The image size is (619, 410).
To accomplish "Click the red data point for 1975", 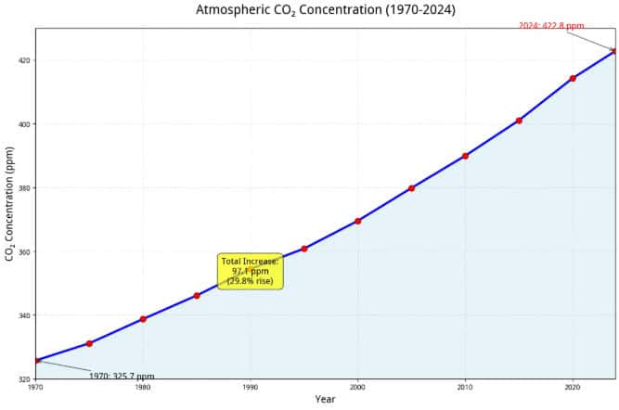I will tap(89, 343).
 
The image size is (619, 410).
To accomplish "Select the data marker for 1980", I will tap(143, 319).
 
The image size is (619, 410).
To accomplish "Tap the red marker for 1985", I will tap(197, 296).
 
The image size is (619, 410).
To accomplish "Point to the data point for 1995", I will tap(304, 249).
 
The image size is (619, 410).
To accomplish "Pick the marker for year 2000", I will tap(357, 221).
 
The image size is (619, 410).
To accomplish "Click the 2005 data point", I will tap(411, 188).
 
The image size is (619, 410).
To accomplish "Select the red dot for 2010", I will tap(465, 156).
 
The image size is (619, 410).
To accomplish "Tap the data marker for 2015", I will tap(519, 121).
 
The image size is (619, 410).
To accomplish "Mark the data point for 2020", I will tap(573, 78).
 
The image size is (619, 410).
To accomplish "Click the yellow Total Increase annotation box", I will tap(251, 271).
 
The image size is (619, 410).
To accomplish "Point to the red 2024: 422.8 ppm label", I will tap(551, 25).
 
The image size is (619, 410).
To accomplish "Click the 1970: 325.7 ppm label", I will tap(122, 377).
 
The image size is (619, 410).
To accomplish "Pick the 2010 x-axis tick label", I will tap(465, 388).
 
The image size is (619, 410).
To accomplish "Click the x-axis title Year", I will tap(325, 400).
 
